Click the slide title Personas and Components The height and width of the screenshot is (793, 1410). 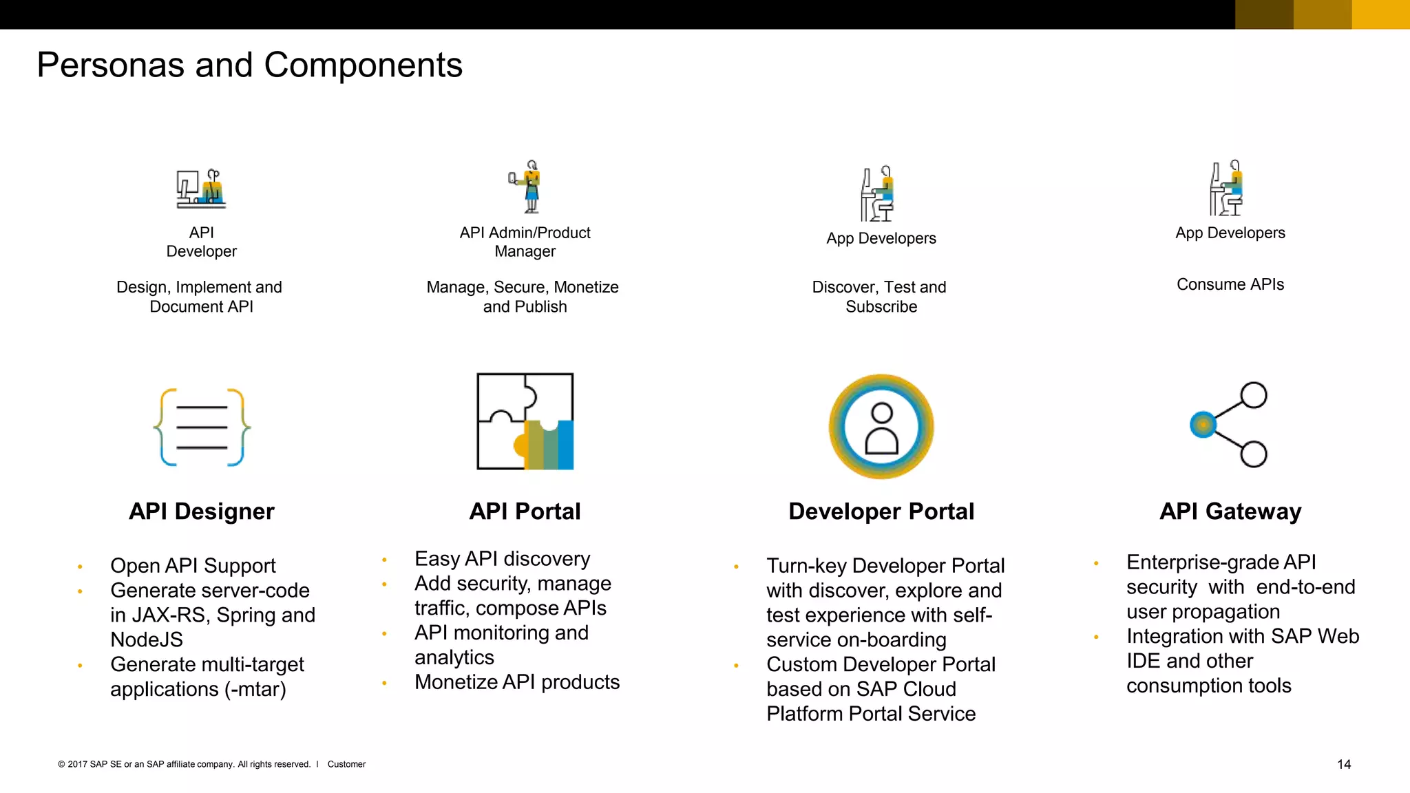click(x=249, y=65)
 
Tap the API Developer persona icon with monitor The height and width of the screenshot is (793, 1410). click(x=201, y=189)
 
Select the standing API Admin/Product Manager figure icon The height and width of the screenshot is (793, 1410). click(x=529, y=187)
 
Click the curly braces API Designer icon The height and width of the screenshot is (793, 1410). click(x=202, y=427)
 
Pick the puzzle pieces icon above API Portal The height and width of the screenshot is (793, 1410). click(x=525, y=421)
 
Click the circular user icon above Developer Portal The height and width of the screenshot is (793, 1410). click(x=881, y=427)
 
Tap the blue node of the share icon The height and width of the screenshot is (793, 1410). click(x=1203, y=425)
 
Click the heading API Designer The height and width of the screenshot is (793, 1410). click(x=201, y=511)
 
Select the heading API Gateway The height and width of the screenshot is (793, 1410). click(x=1230, y=511)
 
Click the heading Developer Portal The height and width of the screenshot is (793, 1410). click(x=881, y=511)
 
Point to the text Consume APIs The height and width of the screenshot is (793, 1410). click(x=1230, y=284)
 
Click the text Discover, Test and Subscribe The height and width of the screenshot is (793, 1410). click(x=879, y=297)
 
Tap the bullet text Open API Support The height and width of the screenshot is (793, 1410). click(x=193, y=566)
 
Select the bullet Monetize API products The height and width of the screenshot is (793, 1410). click(x=517, y=682)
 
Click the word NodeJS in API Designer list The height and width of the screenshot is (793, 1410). click(x=147, y=639)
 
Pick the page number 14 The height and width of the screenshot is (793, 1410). click(x=1344, y=764)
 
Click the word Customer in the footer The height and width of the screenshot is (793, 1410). click(x=346, y=764)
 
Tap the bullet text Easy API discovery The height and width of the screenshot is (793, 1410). click(x=502, y=559)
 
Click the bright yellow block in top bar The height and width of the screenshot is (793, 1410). click(x=1380, y=14)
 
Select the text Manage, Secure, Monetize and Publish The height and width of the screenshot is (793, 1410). click(x=523, y=297)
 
